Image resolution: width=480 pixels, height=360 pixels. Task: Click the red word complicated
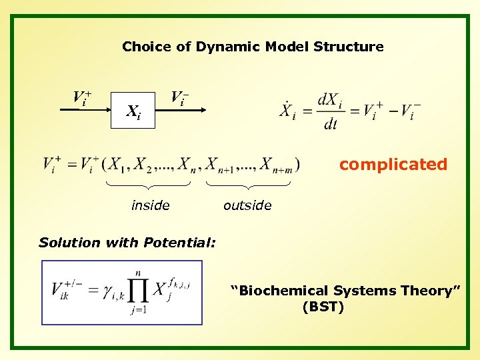pyautogui.click(x=393, y=164)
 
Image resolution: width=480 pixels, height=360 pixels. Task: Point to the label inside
pyautogui.click(x=151, y=206)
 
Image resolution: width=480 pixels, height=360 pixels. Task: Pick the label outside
pyautogui.click(x=247, y=206)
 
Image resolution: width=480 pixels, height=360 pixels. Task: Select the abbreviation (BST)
pyautogui.click(x=323, y=307)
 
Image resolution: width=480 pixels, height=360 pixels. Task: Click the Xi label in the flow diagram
pyautogui.click(x=133, y=111)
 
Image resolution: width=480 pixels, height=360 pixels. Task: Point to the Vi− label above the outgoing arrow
pyautogui.click(x=179, y=98)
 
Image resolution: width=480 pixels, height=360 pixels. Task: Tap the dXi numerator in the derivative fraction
pyautogui.click(x=331, y=101)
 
